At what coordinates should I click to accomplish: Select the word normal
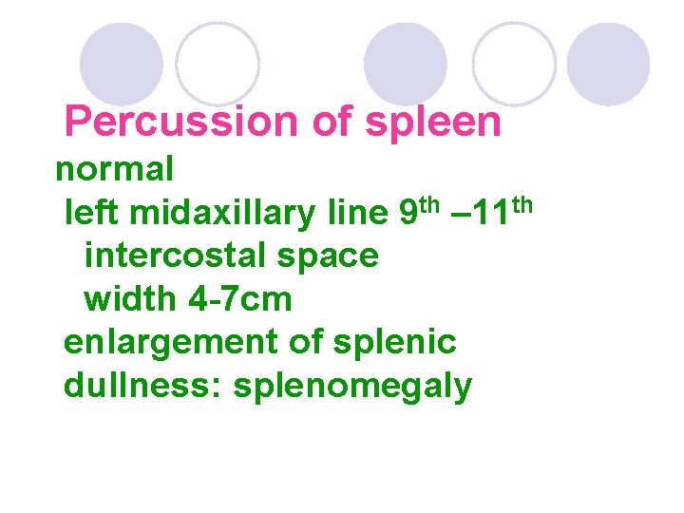[114, 170]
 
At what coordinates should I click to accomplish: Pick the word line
[354, 214]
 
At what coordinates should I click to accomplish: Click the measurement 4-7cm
[239, 299]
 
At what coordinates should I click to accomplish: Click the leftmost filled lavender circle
[121, 63]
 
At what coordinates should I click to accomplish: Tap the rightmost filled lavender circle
[608, 64]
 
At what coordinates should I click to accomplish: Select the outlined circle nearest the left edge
[218, 63]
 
